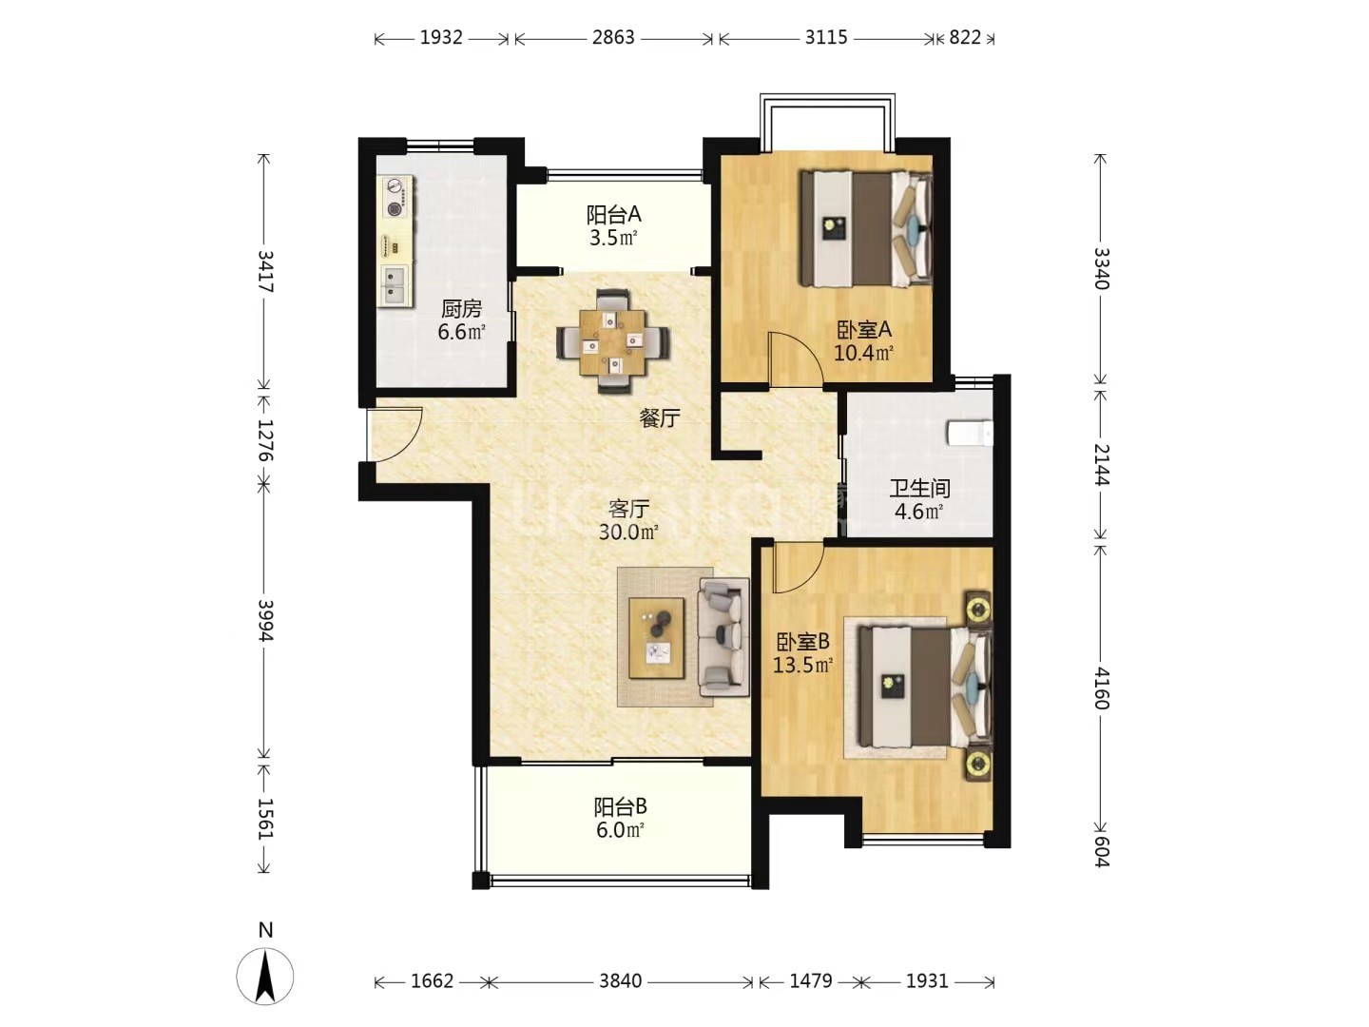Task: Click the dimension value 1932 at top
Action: coord(441,38)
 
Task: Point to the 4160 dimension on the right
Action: coord(1102,688)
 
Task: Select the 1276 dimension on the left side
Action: coord(265,439)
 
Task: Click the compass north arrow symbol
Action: coord(265,976)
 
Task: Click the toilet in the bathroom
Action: coord(969,433)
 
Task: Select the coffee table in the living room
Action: coord(657,637)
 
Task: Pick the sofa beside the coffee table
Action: coord(723,637)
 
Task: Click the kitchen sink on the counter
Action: coord(395,285)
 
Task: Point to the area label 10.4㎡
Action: coord(864,354)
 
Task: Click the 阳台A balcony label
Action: coord(614,215)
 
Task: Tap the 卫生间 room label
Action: coord(919,488)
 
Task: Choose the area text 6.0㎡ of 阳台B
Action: coord(619,830)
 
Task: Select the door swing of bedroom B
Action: coord(800,568)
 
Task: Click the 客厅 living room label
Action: coord(628,510)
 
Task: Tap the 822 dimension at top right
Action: coord(965,38)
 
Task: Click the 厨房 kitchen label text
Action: coord(461,309)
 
